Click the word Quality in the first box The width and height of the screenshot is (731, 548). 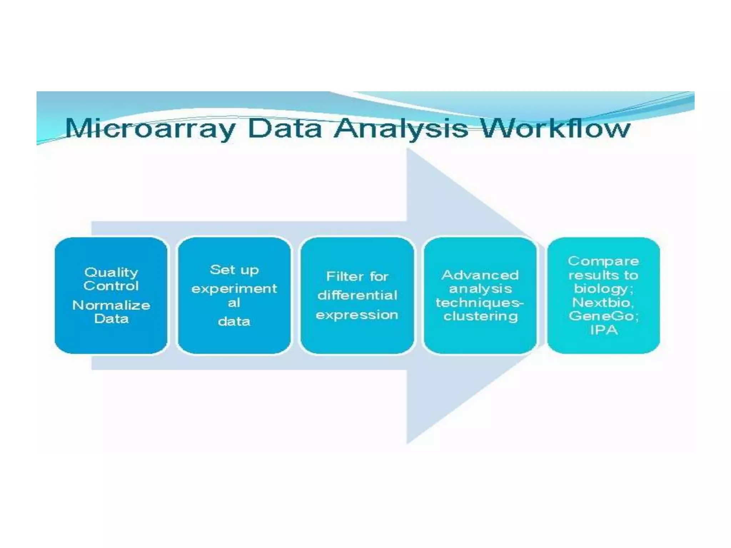tap(111, 273)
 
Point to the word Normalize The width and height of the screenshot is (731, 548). tap(111, 305)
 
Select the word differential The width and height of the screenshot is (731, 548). tap(357, 295)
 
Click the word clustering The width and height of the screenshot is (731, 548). tap(480, 316)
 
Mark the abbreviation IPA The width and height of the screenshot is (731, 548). tap(604, 330)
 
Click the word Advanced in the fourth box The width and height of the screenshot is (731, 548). tap(480, 275)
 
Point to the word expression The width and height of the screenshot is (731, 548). tap(357, 315)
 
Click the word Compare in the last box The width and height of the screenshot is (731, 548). tap(603, 261)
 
